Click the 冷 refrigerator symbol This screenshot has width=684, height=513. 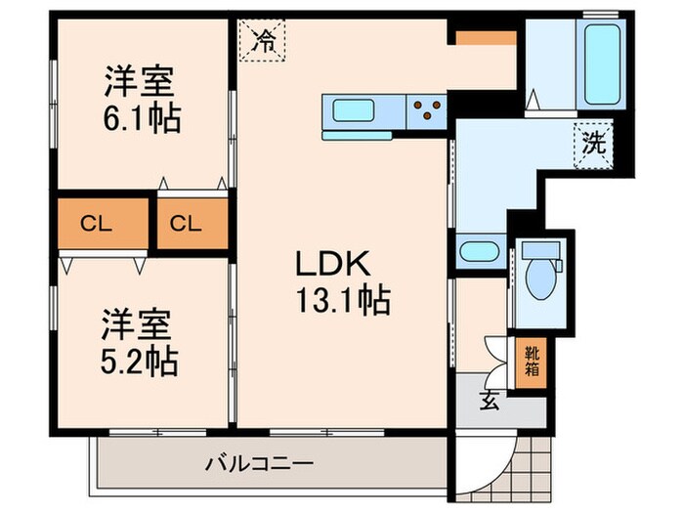click(x=263, y=41)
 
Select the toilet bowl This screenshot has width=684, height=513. click(x=537, y=277)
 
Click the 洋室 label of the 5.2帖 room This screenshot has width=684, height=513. click(x=135, y=322)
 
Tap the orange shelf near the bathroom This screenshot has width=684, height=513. click(x=483, y=37)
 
